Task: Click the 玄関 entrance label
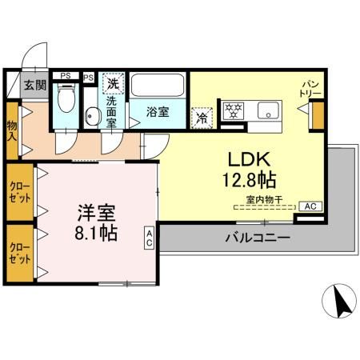[x=34, y=85]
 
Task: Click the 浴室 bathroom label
[x=158, y=113]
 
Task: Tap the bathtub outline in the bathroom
[x=158, y=85]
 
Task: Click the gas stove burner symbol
[x=233, y=109]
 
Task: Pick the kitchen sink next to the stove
[x=266, y=110]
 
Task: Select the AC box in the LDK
[x=312, y=206]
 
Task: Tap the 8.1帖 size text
[x=96, y=234]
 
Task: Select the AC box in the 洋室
[x=150, y=238]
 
